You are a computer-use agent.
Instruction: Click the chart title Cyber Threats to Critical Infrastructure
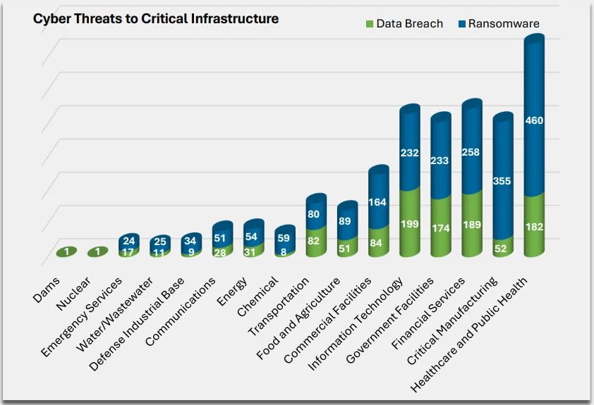point(156,19)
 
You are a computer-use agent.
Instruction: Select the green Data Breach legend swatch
point(369,24)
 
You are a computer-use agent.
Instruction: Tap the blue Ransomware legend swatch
point(462,24)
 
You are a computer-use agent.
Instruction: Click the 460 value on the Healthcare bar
point(534,120)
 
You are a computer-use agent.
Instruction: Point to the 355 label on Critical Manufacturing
point(503,181)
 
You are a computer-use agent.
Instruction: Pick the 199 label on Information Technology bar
point(409,224)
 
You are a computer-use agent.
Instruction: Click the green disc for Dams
point(66,252)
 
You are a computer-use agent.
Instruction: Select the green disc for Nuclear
point(97,252)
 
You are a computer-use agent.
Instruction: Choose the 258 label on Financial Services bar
point(472,151)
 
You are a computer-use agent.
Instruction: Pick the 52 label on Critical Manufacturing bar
point(503,248)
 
